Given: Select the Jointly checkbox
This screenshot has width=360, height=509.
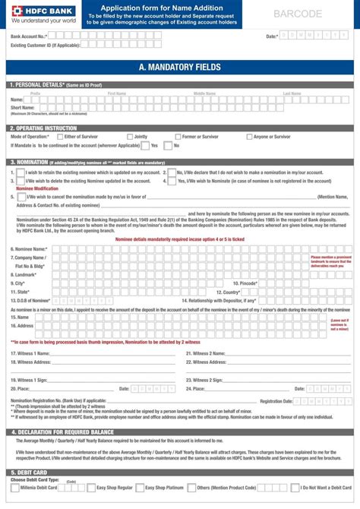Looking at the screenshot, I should click(129, 137).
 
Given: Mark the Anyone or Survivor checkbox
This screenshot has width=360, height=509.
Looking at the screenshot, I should click(248, 137).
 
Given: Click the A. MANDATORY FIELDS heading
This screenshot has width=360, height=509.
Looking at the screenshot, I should click(180, 68).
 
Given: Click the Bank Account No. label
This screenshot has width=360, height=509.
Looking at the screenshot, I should click(31, 36).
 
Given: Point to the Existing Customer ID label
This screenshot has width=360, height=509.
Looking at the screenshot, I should click(45, 45).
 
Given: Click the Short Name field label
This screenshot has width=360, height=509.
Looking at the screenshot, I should click(23, 108).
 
